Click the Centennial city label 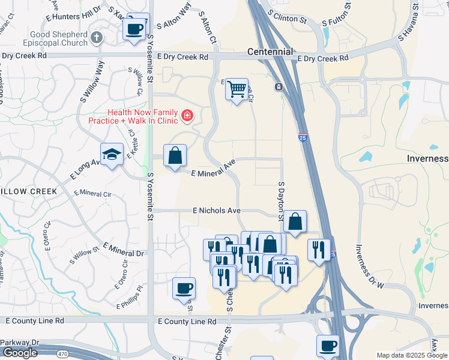click(x=270, y=52)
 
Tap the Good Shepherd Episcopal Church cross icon click(x=97, y=38)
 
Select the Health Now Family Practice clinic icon click(x=187, y=115)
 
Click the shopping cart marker click(x=237, y=89)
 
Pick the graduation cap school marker click(x=112, y=155)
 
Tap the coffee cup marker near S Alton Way click(x=134, y=28)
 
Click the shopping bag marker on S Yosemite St click(x=174, y=156)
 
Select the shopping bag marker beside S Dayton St click(x=295, y=221)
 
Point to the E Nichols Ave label click(x=217, y=211)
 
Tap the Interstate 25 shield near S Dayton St click(x=303, y=137)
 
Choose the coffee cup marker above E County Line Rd click(x=184, y=288)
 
